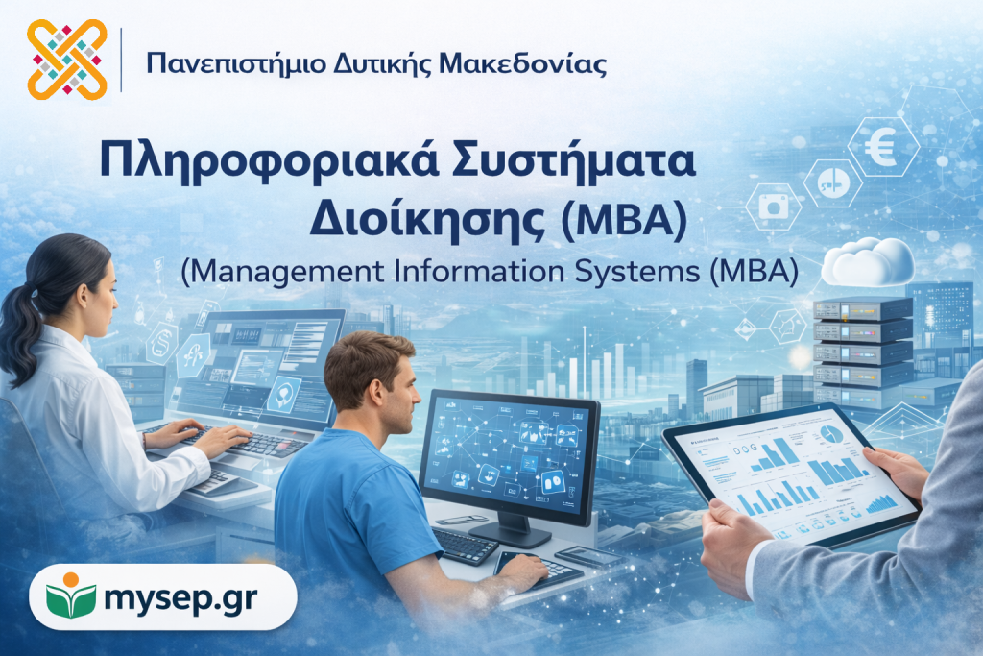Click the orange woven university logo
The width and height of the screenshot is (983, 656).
67,60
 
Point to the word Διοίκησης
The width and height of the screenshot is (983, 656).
427,220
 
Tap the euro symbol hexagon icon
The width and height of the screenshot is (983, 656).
883,147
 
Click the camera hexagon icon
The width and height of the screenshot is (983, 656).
774,207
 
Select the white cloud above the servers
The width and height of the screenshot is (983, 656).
868,262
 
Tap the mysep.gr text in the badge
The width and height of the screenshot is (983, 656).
180,597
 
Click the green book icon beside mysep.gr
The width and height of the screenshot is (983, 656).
71,595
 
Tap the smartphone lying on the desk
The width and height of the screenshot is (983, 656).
587,556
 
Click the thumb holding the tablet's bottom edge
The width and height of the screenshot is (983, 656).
728,514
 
